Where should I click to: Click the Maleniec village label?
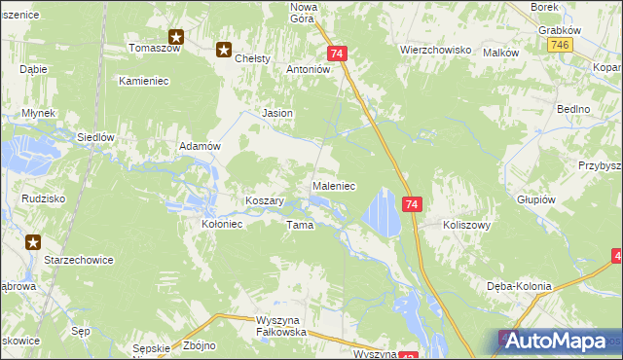click(x=333, y=185)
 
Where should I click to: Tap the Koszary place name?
click(x=264, y=200)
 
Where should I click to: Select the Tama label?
click(x=299, y=225)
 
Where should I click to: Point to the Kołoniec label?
click(x=221, y=223)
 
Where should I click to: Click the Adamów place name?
click(x=202, y=145)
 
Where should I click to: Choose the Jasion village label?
click(x=277, y=114)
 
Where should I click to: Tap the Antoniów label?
click(x=310, y=70)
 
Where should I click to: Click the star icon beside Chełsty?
click(x=224, y=51)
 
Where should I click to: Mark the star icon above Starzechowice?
click(x=34, y=242)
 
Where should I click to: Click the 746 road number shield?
click(x=559, y=46)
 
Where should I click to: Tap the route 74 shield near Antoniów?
click(x=337, y=54)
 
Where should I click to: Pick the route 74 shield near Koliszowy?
click(x=412, y=204)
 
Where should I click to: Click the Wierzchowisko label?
click(x=435, y=49)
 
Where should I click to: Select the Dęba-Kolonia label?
click(x=519, y=286)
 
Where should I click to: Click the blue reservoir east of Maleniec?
click(x=382, y=212)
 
